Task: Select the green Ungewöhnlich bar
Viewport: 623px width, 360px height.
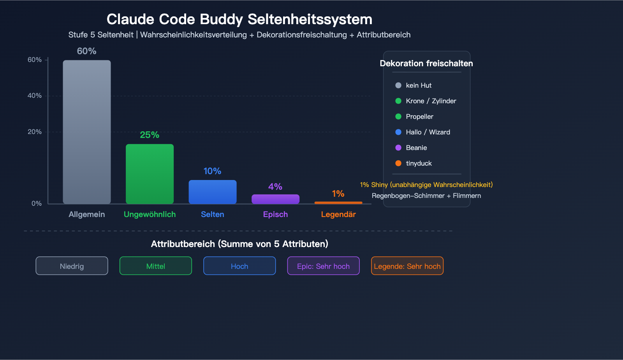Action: point(150,174)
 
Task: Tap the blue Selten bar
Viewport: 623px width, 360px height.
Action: point(213,192)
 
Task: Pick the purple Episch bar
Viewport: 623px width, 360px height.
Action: point(275,199)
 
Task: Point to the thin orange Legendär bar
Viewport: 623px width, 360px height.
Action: point(338,203)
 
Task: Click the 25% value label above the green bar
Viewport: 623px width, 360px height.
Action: point(150,135)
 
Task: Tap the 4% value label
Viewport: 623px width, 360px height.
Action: point(275,187)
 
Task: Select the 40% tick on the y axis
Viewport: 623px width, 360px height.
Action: point(35,95)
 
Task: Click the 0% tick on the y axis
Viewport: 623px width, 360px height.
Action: point(37,203)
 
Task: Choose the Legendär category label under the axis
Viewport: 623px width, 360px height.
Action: point(338,214)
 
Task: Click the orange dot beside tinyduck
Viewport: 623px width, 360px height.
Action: point(398,163)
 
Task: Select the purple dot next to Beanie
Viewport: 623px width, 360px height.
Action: point(398,148)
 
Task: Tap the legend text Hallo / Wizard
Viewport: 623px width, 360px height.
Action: point(428,132)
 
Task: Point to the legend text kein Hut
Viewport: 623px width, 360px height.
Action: point(419,85)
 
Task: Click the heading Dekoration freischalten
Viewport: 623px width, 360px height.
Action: point(426,64)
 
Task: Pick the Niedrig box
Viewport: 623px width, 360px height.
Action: point(72,266)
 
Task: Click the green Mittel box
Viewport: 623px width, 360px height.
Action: point(156,266)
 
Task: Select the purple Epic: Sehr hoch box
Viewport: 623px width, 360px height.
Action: point(323,266)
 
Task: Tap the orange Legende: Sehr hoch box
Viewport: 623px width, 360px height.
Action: point(407,266)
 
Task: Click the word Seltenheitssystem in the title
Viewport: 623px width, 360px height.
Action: point(310,19)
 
